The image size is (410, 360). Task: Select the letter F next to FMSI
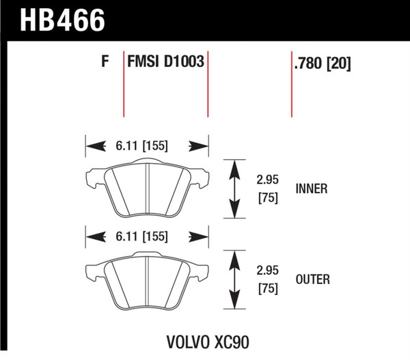click(105, 64)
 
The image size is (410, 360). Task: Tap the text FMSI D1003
click(166, 64)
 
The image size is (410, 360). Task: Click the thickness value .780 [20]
click(322, 64)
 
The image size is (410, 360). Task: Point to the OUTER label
click(313, 279)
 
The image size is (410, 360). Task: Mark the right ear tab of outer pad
click(203, 271)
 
